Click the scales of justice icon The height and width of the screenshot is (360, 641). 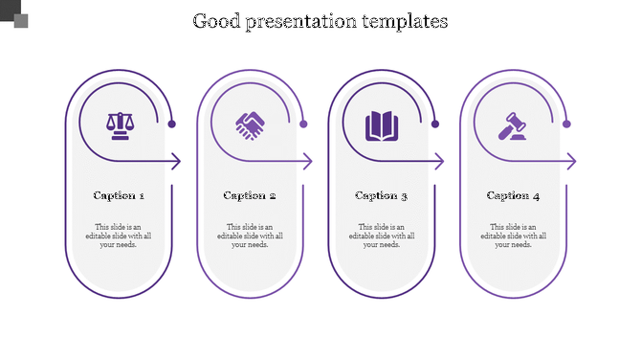pyautogui.click(x=120, y=125)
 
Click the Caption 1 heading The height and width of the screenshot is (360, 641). pyautogui.click(x=119, y=195)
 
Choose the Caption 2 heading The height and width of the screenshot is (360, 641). pyautogui.click(x=250, y=195)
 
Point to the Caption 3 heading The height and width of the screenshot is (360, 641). pyautogui.click(x=382, y=195)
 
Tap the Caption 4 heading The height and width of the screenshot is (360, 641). pyautogui.click(x=513, y=195)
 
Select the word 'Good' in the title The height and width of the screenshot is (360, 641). pyautogui.click(x=217, y=20)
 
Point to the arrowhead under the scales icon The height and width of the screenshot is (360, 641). pyautogui.click(x=176, y=162)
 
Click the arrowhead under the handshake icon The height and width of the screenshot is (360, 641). pyautogui.click(x=307, y=162)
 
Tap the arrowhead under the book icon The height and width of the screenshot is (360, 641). pyautogui.click(x=439, y=162)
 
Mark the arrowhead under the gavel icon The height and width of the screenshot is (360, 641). pyautogui.click(x=571, y=162)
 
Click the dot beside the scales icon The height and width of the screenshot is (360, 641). pyautogui.click(x=172, y=124)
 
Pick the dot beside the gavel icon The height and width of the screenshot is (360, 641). pyautogui.click(x=566, y=124)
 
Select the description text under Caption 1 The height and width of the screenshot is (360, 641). pyautogui.click(x=119, y=236)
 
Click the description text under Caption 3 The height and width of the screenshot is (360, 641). pyautogui.click(x=382, y=236)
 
